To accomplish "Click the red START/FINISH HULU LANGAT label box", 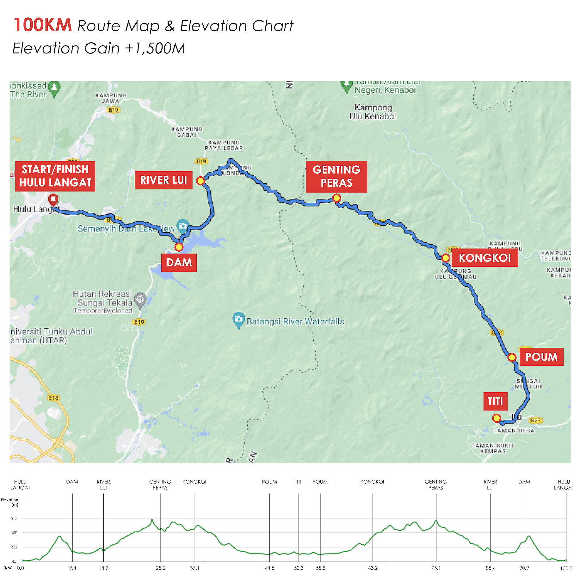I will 55,176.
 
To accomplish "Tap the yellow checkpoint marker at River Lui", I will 201,180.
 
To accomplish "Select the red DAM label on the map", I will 179,263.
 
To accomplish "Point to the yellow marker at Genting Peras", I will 336,198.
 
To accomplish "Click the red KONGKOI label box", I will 484,258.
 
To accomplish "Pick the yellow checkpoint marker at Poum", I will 512,358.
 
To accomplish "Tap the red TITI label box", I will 495,401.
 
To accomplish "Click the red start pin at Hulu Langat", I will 53,200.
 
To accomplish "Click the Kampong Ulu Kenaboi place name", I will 373,112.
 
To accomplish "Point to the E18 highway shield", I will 53,398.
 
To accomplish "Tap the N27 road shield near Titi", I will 535,420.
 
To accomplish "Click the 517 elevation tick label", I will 14,518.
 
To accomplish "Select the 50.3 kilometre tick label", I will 299,568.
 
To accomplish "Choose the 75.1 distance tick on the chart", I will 436,568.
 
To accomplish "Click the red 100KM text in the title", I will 43,25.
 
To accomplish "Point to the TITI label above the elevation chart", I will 298,482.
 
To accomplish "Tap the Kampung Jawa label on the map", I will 111,98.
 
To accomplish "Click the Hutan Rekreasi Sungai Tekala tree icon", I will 140,299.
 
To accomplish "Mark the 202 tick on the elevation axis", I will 14,547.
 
